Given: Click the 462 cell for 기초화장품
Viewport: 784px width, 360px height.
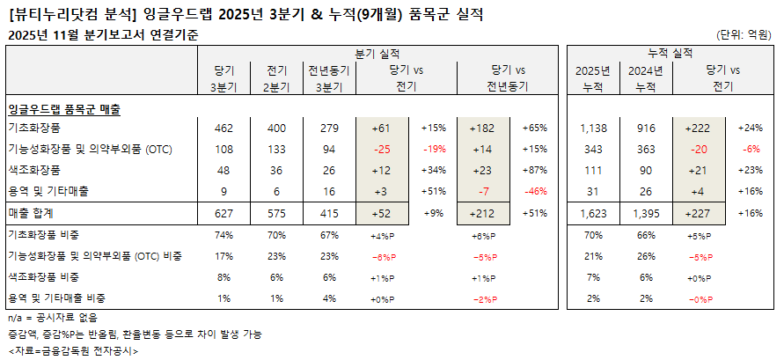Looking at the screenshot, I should pos(223,128).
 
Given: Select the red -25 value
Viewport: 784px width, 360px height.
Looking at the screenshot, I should pos(381,149).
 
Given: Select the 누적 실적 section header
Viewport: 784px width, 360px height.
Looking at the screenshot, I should pos(669,54).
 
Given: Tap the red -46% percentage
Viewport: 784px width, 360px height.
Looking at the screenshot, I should pos(535,191).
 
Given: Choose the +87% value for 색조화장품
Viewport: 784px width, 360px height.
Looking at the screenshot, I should pos(535,170).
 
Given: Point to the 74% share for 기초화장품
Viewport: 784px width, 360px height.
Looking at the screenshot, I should pos(223,236).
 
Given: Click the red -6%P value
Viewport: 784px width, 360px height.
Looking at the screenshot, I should pos(384,256).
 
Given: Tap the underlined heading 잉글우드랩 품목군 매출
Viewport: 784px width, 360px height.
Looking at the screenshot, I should pos(63,109).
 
